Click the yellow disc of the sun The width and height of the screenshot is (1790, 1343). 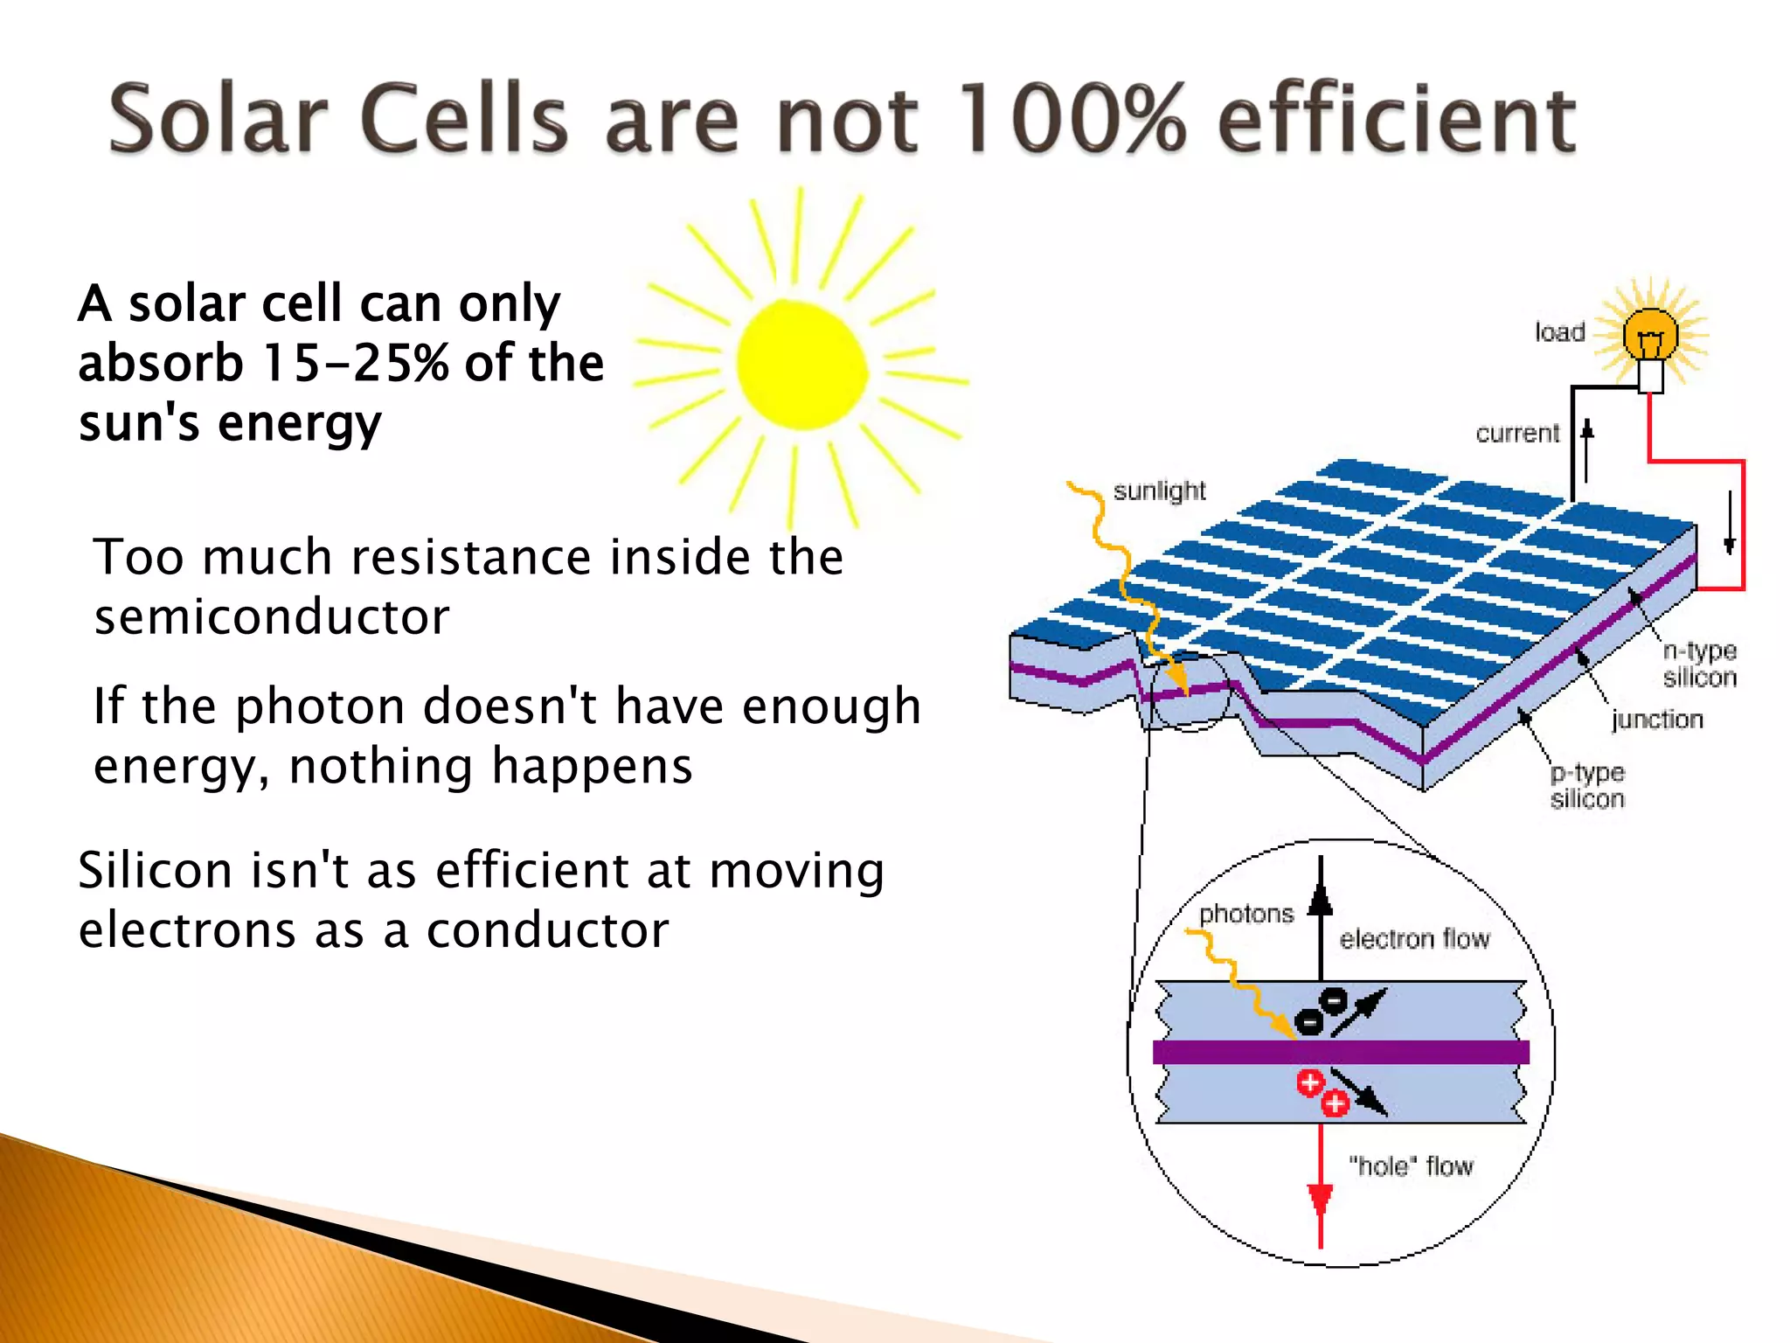pos(801,365)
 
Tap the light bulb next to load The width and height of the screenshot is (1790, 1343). pos(1650,337)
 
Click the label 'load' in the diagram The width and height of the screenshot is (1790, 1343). pos(1560,332)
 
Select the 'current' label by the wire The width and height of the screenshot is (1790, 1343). pos(1517,434)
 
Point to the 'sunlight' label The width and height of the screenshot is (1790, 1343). pos(1159,491)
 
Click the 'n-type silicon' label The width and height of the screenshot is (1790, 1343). pos(1699,664)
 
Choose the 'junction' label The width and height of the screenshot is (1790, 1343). pos(1657,720)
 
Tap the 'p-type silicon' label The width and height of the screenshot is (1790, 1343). pos(1587,785)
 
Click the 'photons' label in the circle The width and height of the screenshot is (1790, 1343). pos(1246,915)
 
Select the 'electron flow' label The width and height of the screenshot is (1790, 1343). pos(1414,939)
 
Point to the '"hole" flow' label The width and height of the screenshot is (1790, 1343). pos(1411,1166)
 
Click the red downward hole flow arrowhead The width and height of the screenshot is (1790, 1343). pos(1320,1200)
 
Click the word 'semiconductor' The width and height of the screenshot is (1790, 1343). pos(272,617)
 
